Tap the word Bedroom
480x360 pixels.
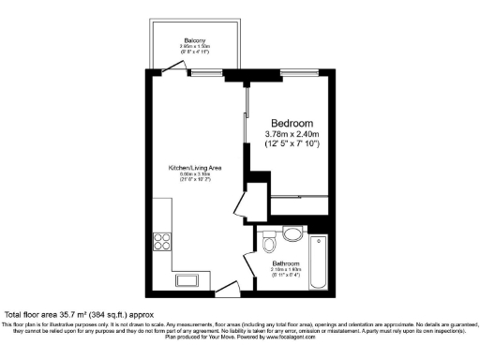coord(292,124)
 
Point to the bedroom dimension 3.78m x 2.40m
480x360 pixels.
coord(292,135)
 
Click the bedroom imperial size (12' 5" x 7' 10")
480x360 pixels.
coord(292,146)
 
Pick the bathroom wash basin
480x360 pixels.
coord(292,233)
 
